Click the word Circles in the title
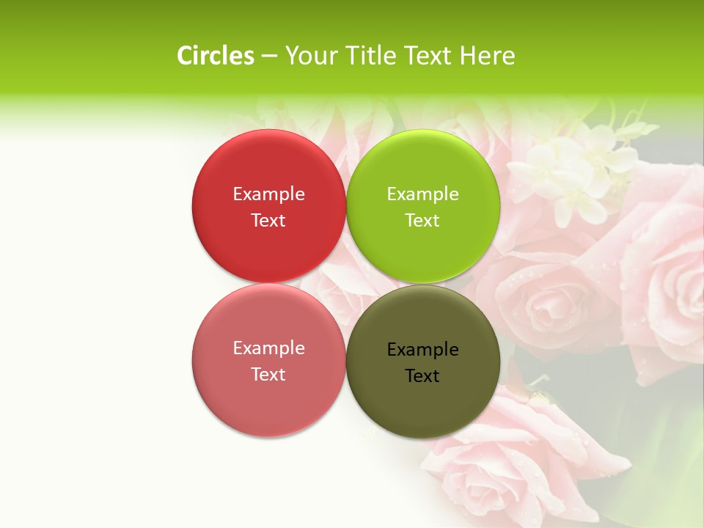[x=215, y=56]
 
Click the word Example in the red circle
[x=268, y=194]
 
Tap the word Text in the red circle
[x=268, y=220]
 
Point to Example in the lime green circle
[x=422, y=194]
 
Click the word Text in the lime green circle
[x=422, y=220]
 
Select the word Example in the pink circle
[x=268, y=348]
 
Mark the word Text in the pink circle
[x=268, y=374]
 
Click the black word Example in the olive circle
[x=422, y=349]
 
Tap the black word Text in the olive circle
[x=422, y=375]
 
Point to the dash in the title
[x=269, y=56]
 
